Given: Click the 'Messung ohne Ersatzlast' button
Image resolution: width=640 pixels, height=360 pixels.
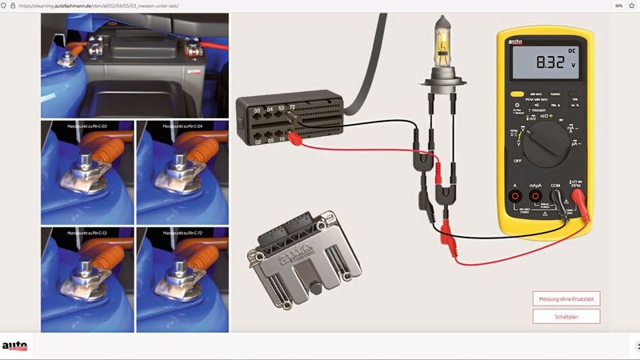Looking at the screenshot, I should (x=566, y=298).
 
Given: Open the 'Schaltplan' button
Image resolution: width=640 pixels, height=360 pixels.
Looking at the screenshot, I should (x=566, y=316).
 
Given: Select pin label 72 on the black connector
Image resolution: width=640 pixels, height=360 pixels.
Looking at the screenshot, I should (x=292, y=106).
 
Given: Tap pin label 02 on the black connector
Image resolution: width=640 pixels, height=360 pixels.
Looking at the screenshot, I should (x=257, y=141).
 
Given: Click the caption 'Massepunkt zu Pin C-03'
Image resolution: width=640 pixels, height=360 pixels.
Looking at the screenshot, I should (x=88, y=126).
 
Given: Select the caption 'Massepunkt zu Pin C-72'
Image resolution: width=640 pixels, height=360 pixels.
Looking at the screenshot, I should (x=182, y=233).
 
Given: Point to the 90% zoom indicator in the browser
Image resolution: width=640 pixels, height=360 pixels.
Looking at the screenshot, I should (x=618, y=6).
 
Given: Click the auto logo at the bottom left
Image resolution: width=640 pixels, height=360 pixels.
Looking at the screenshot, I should (x=14, y=346).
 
